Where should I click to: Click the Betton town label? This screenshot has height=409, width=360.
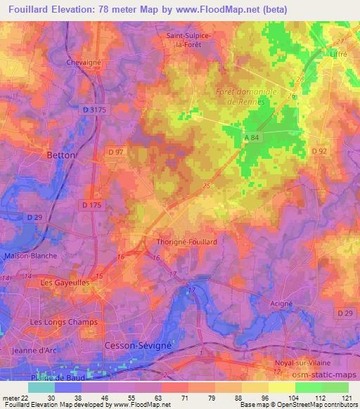(x=60, y=155)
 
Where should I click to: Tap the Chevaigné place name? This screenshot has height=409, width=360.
(x=85, y=62)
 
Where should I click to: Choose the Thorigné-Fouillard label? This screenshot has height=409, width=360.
(x=185, y=241)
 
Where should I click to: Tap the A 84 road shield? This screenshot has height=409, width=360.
(x=253, y=138)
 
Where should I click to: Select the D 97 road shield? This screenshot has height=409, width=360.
(x=115, y=152)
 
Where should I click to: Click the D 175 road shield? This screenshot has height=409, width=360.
(x=91, y=204)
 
